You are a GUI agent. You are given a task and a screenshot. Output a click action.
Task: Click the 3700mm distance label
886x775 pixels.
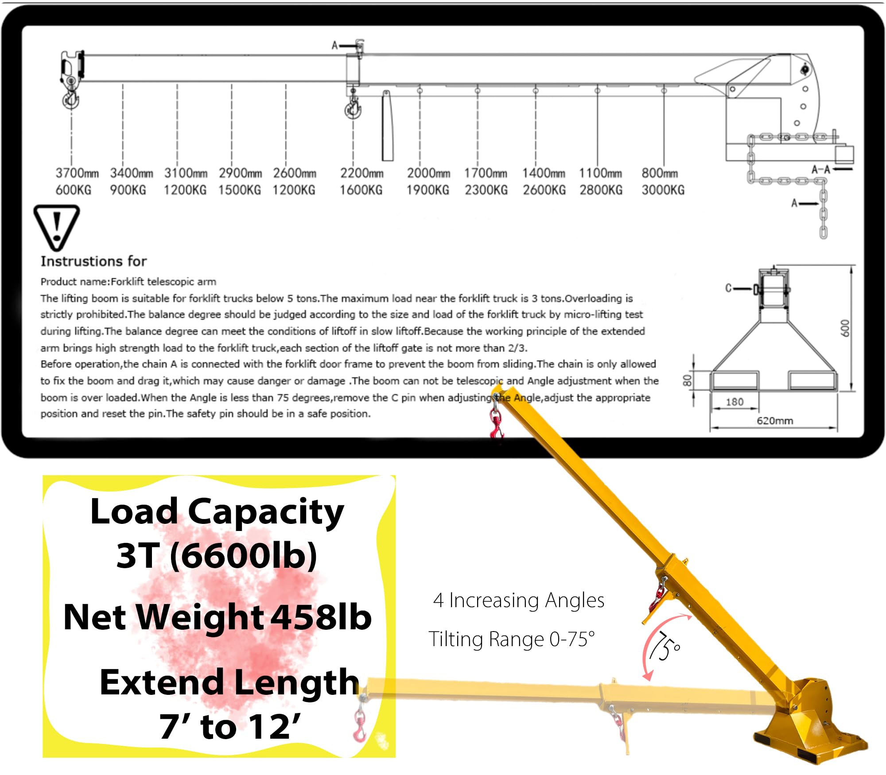77,173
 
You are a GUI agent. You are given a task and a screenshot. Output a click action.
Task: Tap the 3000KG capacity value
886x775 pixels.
663,190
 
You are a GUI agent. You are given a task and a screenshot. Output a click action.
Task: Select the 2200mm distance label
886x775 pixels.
361,173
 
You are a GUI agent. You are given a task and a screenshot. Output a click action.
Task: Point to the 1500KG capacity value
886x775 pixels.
239,190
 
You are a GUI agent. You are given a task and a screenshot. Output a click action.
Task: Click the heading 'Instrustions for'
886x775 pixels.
93,261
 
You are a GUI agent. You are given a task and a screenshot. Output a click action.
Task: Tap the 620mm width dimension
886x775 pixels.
774,421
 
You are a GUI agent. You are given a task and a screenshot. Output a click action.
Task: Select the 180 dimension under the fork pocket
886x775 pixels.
734,402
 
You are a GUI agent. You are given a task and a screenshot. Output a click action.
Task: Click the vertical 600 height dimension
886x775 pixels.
845,328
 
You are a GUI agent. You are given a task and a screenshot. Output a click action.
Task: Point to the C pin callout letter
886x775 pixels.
728,288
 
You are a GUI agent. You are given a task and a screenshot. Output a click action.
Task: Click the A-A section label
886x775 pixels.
820,170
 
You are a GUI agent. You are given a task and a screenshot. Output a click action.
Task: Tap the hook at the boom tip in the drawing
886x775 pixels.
71,99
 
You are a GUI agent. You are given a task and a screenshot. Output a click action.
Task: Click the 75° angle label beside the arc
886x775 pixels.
664,647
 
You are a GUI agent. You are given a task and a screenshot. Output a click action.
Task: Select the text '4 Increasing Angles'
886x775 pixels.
518,601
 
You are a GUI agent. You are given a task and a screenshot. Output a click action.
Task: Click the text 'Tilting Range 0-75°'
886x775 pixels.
511,639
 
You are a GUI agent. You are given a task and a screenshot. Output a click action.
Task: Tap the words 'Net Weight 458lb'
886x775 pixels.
217,617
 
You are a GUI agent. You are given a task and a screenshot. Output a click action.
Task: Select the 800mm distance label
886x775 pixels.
659,173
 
